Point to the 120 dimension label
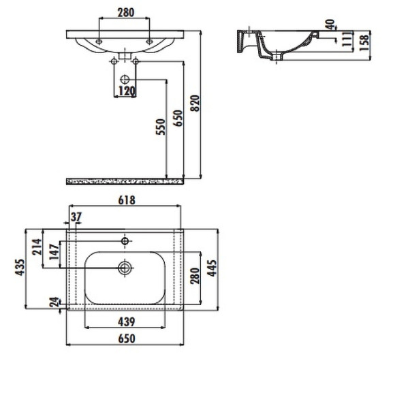pos(126,91)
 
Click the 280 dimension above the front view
pos(125,12)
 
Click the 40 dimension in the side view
pos(330,25)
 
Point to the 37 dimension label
pos(75,217)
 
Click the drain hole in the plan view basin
pos(125,267)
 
